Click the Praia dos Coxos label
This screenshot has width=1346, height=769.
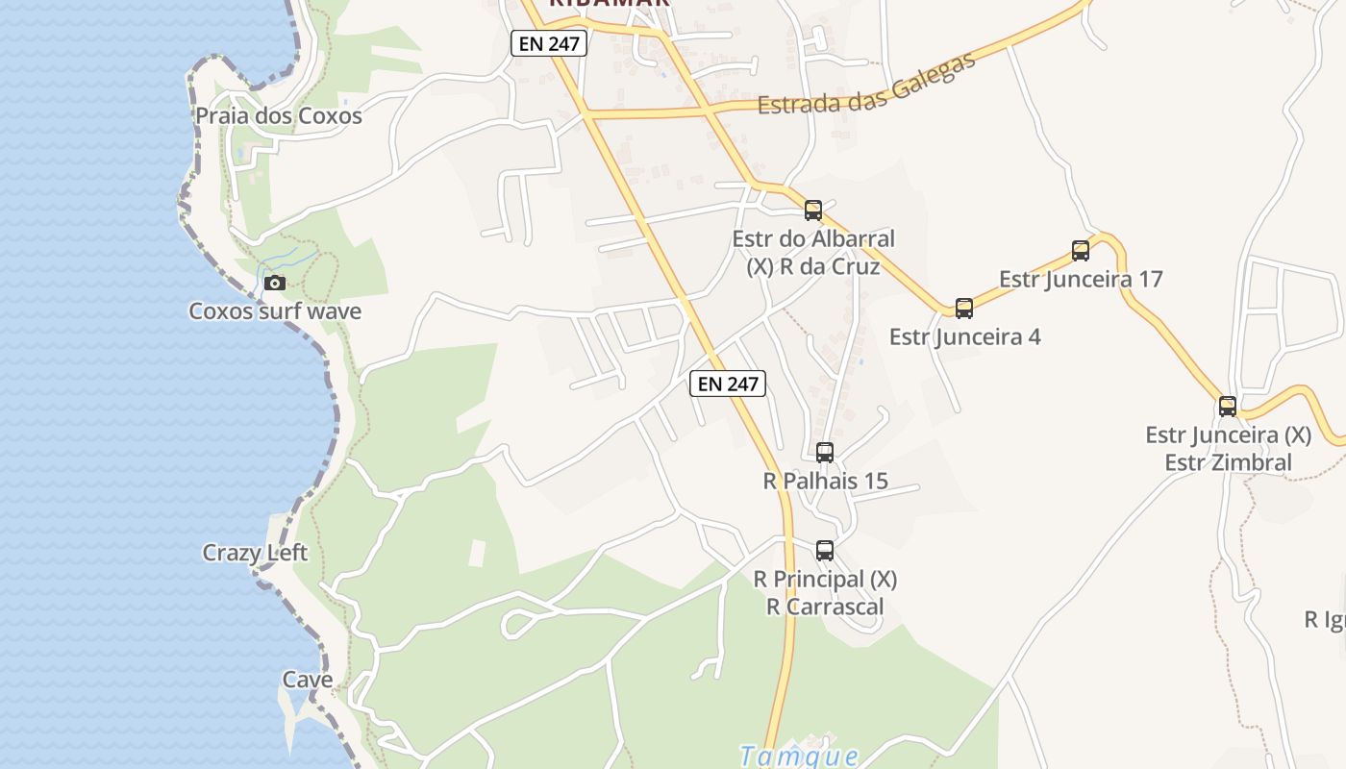click(279, 116)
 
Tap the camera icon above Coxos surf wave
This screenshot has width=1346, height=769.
click(275, 283)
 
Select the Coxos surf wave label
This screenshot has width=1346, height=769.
click(275, 311)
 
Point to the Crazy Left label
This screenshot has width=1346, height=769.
click(255, 553)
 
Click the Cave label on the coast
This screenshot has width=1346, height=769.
click(308, 680)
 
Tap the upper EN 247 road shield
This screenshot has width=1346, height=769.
click(549, 43)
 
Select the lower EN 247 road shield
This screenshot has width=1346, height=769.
click(728, 384)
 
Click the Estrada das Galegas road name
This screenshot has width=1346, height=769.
click(866, 83)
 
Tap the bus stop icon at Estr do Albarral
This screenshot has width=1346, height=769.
click(813, 211)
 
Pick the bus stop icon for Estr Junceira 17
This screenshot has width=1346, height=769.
click(1081, 251)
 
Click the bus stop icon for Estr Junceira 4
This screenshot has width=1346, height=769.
click(964, 309)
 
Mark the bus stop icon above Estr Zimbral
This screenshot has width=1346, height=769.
click(1228, 407)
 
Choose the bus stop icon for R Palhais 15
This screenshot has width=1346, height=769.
click(825, 452)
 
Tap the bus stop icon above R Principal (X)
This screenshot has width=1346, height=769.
click(825, 551)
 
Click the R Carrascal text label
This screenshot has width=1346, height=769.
click(825, 607)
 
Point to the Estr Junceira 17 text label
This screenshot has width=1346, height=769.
click(1081, 280)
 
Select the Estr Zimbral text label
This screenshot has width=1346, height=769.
click(1229, 462)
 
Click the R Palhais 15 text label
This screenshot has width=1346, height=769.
click(825, 481)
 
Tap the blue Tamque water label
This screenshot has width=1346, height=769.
click(799, 757)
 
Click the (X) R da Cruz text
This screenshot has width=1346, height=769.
click(813, 266)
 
